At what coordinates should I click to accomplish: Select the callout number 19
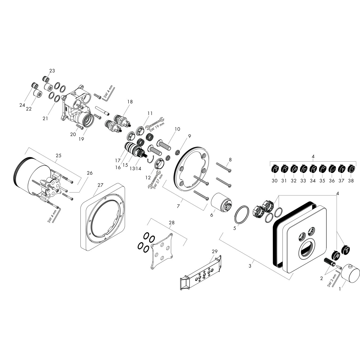click(x=81, y=139)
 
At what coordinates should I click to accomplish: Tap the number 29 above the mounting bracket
click(x=215, y=251)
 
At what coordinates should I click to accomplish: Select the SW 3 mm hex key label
click(x=331, y=280)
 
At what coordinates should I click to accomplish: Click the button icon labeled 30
click(x=275, y=169)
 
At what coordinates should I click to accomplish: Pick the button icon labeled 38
click(x=351, y=169)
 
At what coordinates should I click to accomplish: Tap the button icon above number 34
click(x=313, y=169)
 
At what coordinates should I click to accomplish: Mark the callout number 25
click(x=58, y=155)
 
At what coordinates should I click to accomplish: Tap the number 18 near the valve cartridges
click(x=130, y=102)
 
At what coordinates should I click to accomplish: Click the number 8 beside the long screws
click(x=230, y=159)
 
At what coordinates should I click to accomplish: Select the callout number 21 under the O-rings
click(x=45, y=118)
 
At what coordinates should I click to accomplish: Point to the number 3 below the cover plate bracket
click(x=250, y=266)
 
